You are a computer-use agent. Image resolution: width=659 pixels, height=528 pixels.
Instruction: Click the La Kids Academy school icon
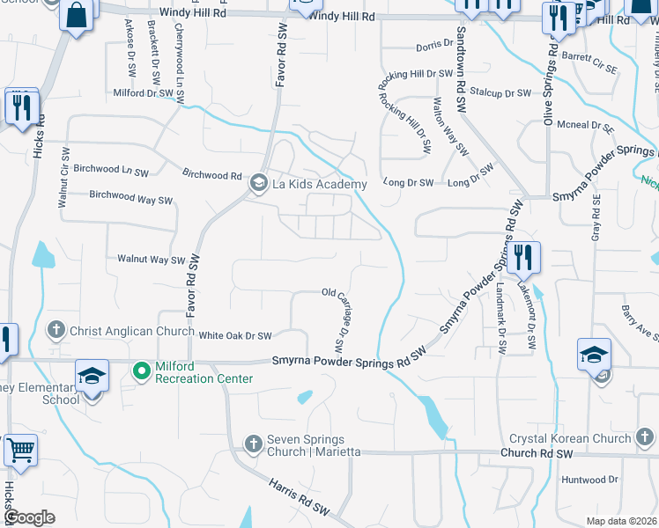click(258, 183)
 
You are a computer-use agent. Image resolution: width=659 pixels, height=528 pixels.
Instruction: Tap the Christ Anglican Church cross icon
click(56, 330)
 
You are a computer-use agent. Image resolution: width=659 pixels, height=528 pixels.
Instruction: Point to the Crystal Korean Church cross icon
click(647, 437)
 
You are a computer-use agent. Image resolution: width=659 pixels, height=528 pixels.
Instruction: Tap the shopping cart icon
click(20, 449)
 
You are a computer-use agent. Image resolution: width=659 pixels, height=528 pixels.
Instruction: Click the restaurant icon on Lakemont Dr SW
click(524, 257)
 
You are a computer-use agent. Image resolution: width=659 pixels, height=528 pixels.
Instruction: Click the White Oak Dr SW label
click(234, 335)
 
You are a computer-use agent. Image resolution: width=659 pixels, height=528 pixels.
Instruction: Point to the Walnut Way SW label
click(151, 260)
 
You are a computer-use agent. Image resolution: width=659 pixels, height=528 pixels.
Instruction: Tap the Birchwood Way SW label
click(131, 198)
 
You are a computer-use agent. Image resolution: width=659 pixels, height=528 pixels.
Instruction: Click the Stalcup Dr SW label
click(500, 92)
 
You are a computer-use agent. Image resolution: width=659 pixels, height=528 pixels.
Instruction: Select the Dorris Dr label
click(433, 46)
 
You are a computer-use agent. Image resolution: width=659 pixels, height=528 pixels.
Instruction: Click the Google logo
click(29, 517)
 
